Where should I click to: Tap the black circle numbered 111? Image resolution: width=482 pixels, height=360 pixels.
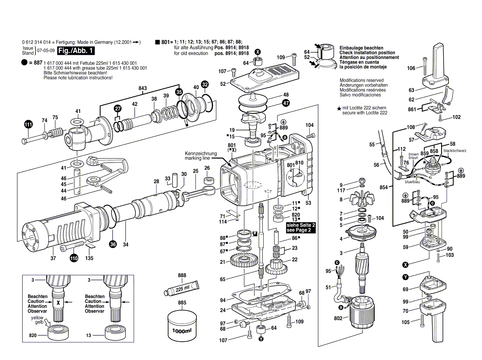pyautogui.click(x=28, y=125)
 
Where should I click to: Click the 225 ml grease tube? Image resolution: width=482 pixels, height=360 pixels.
pyautogui.click(x=181, y=288)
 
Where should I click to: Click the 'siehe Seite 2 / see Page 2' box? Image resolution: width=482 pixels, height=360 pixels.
pyautogui.click(x=301, y=228)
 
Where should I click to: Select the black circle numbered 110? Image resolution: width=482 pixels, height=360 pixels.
pyautogui.click(x=73, y=259)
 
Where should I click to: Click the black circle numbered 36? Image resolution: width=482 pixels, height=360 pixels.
pyautogui.click(x=113, y=244)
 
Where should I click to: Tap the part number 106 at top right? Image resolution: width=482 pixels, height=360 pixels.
pyautogui.click(x=411, y=68)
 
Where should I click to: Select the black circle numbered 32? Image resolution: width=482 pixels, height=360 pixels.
pyautogui.click(x=205, y=85)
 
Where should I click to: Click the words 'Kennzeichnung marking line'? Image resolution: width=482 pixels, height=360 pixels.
pyautogui.click(x=200, y=156)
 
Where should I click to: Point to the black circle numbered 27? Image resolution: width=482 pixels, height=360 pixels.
pyautogui.click(x=118, y=109)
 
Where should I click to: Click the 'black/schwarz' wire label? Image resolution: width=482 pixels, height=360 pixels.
pyautogui.click(x=455, y=151)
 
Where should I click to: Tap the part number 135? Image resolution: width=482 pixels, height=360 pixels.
pyautogui.click(x=89, y=258)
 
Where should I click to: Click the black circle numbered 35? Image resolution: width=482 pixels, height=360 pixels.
pyautogui.click(x=179, y=92)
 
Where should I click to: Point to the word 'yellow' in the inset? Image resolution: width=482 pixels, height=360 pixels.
pyautogui.click(x=37, y=318)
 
